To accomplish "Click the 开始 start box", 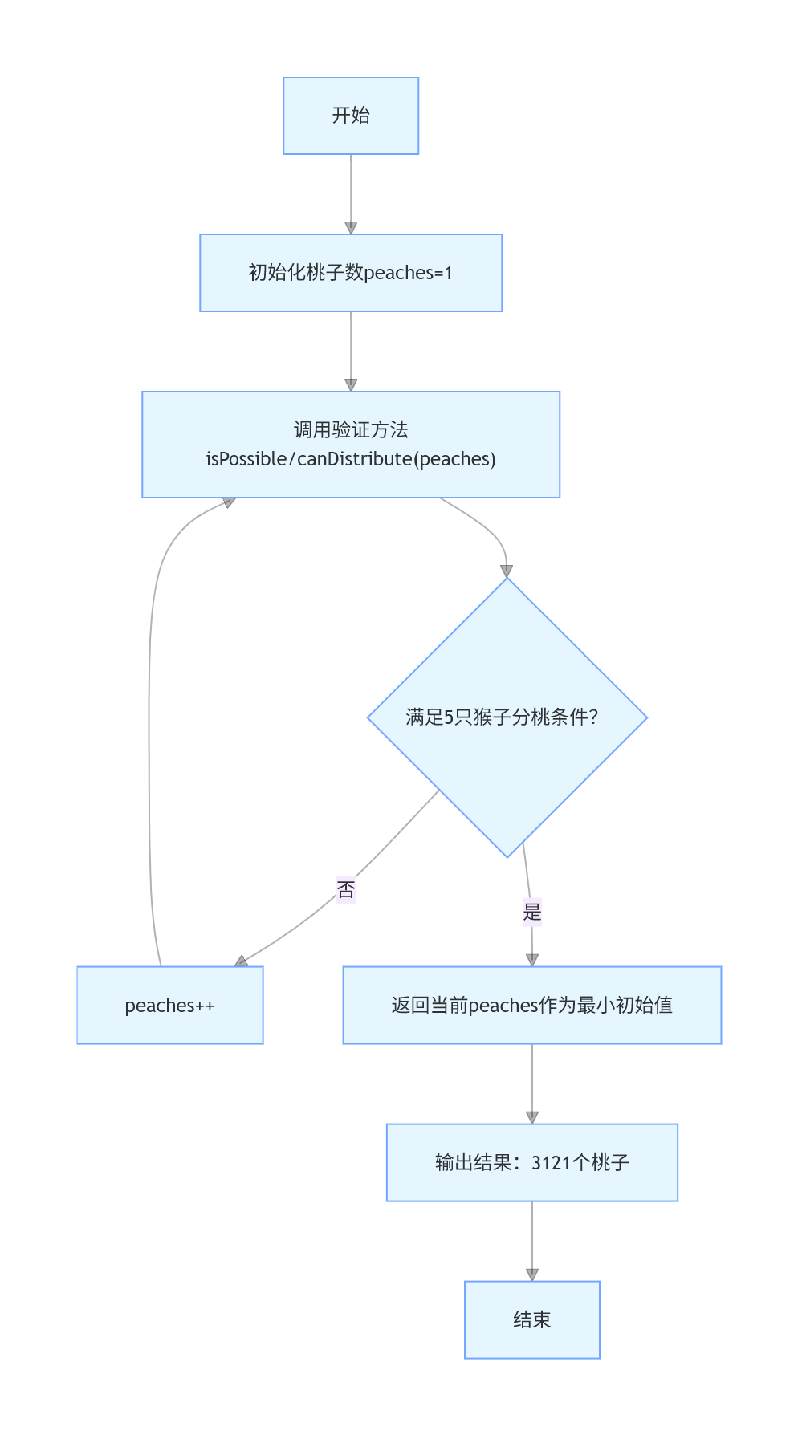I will (x=351, y=116).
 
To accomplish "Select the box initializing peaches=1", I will (x=351, y=273).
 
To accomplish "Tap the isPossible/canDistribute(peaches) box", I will (x=351, y=445).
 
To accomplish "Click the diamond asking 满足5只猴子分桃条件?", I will (x=507, y=717).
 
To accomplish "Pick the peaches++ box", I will (x=169, y=1005).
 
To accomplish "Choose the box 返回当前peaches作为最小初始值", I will (x=531, y=1005).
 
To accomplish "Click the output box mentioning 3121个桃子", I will (x=531, y=1162).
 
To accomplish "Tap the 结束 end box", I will (x=531, y=1319).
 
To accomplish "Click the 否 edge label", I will (x=346, y=889).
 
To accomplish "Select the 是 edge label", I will (x=532, y=911).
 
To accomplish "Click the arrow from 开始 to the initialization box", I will (x=351, y=193).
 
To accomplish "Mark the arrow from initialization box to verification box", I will (x=351, y=350).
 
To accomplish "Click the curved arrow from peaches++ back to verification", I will (x=149, y=722).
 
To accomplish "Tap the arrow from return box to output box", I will (x=531, y=1083).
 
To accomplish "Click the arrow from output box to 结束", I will (x=531, y=1241).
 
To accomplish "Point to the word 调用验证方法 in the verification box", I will (x=351, y=430).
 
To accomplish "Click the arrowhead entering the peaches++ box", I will (x=241, y=961).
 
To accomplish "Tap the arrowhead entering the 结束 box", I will (x=531, y=1274).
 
